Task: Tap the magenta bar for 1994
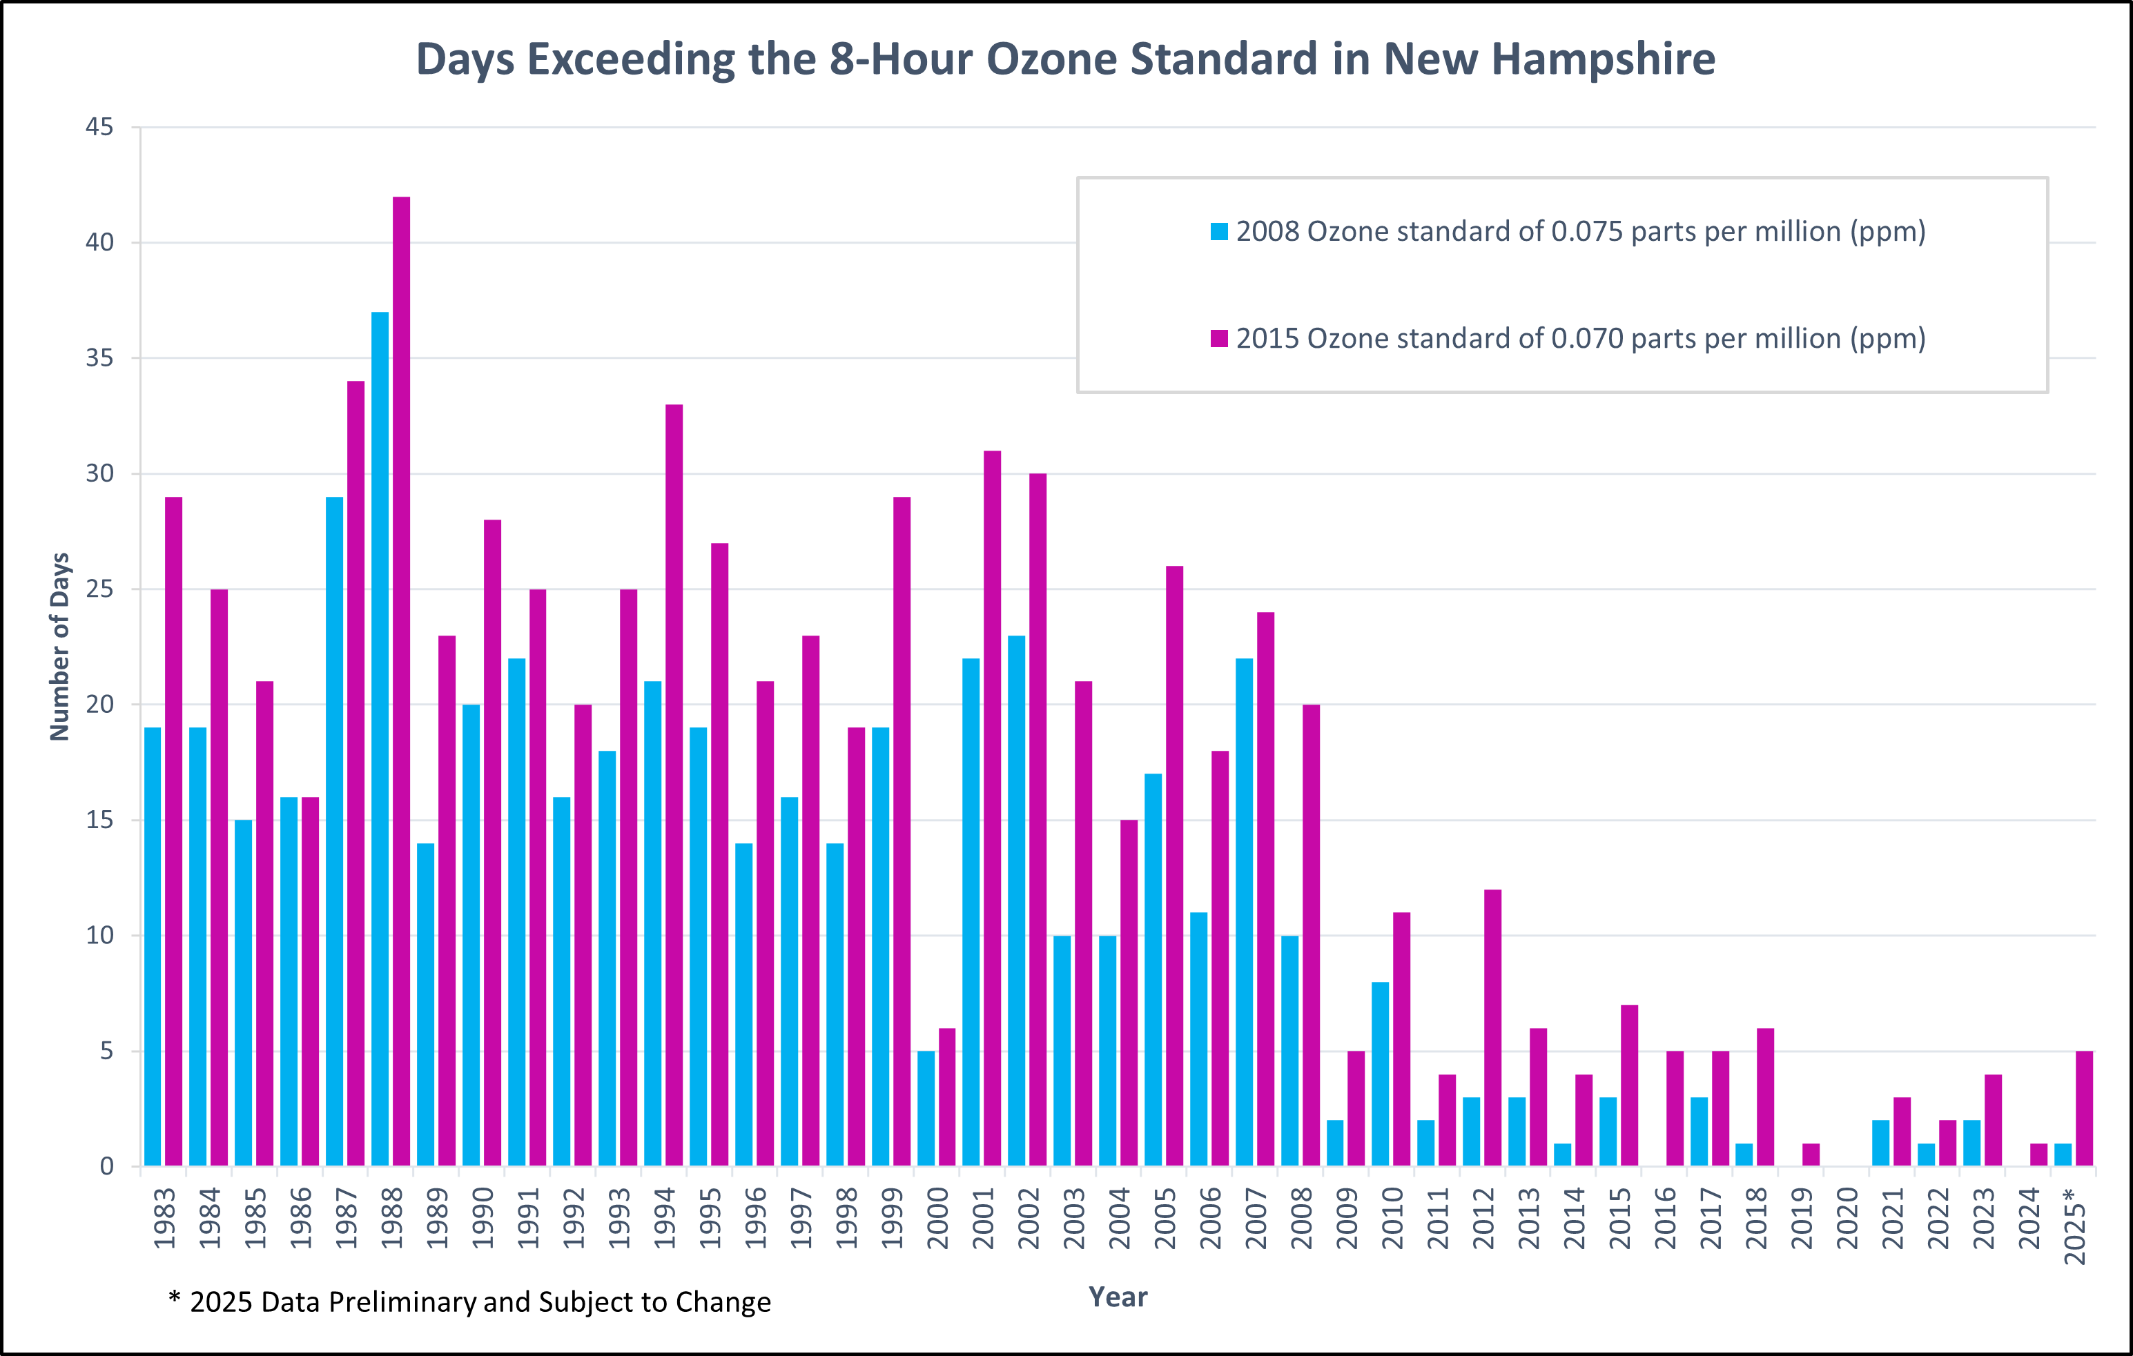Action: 674,785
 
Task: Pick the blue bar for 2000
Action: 926,1108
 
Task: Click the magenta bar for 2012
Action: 1492,1028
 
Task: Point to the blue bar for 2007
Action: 1245,912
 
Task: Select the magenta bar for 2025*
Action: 2084,1108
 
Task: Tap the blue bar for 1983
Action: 153,946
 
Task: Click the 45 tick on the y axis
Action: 99,128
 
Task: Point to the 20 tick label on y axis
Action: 99,705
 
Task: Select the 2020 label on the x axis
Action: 1847,1218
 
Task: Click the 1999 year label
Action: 892,1218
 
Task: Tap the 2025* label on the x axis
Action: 2074,1225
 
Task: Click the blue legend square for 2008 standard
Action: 1220,232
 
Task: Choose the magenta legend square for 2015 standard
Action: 1220,338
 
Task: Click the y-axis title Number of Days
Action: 59,647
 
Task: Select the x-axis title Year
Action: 1118,1297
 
